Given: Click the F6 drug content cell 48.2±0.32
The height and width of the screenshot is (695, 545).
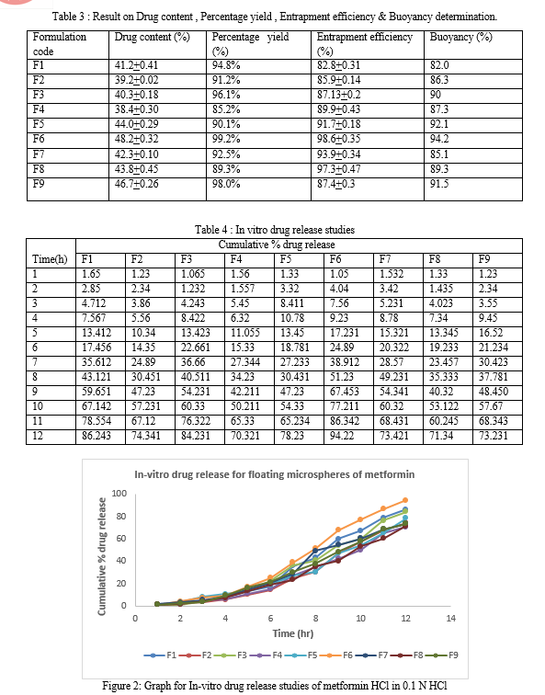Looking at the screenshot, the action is (136, 139).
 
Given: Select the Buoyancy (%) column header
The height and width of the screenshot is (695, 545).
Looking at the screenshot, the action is (460, 37).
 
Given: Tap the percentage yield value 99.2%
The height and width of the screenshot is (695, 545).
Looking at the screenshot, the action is (226, 139).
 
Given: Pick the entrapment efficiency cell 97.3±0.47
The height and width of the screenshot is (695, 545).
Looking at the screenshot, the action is (338, 169).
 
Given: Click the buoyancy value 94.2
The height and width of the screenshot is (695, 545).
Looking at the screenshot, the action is (439, 139).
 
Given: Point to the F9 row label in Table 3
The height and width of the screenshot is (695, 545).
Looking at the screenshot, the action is (39, 184).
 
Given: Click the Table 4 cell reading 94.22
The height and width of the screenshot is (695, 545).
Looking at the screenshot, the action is (342, 436).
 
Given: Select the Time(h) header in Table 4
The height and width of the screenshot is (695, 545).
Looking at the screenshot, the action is (50, 259).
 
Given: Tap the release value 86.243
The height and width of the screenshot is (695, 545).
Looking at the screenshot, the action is (97, 436).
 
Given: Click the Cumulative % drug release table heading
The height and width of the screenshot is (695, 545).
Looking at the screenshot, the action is (277, 245).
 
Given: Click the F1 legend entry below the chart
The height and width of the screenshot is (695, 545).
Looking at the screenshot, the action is (160, 655).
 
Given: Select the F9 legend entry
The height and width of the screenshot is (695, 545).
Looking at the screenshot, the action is (442, 655).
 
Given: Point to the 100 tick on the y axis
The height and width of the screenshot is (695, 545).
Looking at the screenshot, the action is (119, 494).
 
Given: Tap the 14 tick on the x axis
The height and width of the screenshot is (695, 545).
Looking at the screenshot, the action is (450, 619).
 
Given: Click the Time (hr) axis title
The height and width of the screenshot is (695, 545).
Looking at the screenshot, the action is (293, 633).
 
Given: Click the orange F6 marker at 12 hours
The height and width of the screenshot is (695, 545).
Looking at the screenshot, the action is (405, 500).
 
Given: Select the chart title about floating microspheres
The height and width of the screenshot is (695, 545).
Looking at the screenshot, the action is (275, 474).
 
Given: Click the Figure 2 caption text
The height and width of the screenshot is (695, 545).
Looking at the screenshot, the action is (275, 685).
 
